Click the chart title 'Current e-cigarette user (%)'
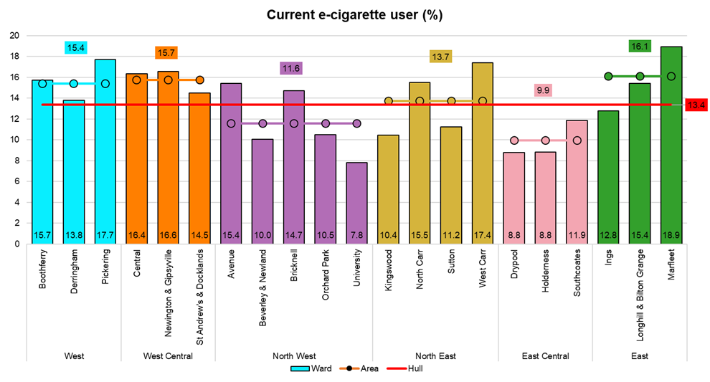coord(354,15)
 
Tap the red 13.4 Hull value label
coord(696,105)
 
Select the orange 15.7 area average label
coord(168,53)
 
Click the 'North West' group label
coord(293,356)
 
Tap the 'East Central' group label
coord(545,356)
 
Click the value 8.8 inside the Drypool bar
coord(513,234)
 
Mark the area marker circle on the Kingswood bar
coord(388,101)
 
